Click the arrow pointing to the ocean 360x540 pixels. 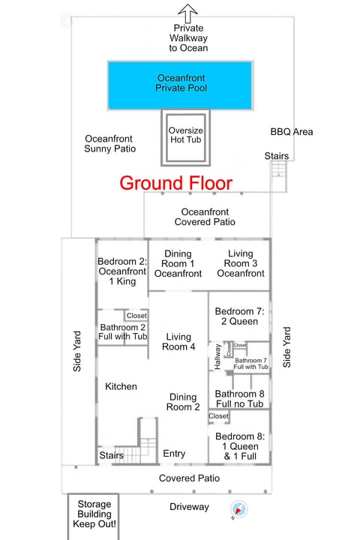pos(187,13)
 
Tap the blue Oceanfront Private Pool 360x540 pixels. pos(181,85)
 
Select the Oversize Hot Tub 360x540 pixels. pos(186,138)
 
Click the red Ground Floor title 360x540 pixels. pos(176,183)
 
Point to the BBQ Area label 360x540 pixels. pos(292,131)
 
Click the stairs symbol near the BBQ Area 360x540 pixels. pos(279,169)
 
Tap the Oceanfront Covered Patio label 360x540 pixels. pos(205,217)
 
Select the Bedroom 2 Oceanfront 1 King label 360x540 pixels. pos(122,271)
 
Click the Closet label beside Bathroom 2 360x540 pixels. pos(136,316)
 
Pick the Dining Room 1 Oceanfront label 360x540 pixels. pos(178,263)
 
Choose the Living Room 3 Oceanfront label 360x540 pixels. pos(241,263)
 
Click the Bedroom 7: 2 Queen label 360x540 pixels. pos(240,316)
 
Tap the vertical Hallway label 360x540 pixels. pos(217,357)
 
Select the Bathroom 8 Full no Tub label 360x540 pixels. pos(240,398)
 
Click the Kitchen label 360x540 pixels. pos(121,386)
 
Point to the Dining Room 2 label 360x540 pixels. pos(183,402)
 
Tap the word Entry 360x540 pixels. pos(174,454)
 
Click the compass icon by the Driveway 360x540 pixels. pos(238,509)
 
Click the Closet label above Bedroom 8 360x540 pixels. pos(218,416)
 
